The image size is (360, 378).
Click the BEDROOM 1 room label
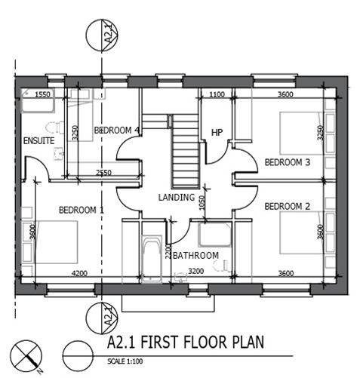point(84,210)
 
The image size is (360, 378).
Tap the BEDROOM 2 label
point(288,206)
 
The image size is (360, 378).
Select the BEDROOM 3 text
point(288,162)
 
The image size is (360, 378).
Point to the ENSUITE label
point(38,140)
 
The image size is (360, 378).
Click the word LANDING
point(177,198)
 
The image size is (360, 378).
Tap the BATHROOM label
point(195,256)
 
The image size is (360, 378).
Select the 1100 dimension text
point(217,95)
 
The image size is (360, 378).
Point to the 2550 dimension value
point(103,174)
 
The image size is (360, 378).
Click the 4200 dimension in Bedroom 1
point(80,273)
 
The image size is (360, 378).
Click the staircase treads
point(183,155)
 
